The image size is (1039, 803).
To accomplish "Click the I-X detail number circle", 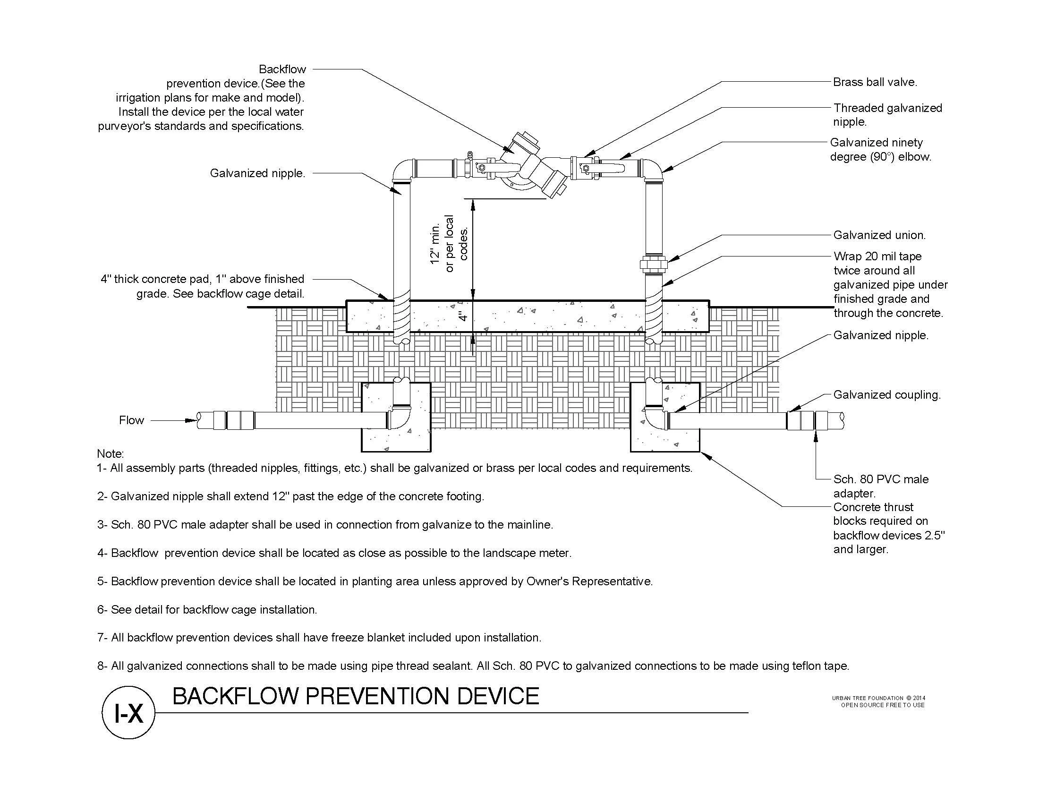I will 128,713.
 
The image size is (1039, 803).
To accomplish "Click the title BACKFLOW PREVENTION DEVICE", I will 355,696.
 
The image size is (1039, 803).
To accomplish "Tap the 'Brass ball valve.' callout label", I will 875,82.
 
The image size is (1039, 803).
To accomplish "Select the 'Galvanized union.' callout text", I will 879,235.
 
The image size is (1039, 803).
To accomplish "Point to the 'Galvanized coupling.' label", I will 887,395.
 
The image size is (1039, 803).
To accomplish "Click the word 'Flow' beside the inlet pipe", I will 131,420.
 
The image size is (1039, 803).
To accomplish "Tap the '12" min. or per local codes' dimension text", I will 449,243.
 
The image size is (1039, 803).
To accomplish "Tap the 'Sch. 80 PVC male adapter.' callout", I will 881,486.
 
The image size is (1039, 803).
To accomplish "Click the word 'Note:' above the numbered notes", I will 111,453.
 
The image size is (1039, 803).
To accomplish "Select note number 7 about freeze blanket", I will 319,638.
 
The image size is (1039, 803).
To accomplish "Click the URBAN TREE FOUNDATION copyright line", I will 878,698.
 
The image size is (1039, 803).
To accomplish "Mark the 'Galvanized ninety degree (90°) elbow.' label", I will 880,149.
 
